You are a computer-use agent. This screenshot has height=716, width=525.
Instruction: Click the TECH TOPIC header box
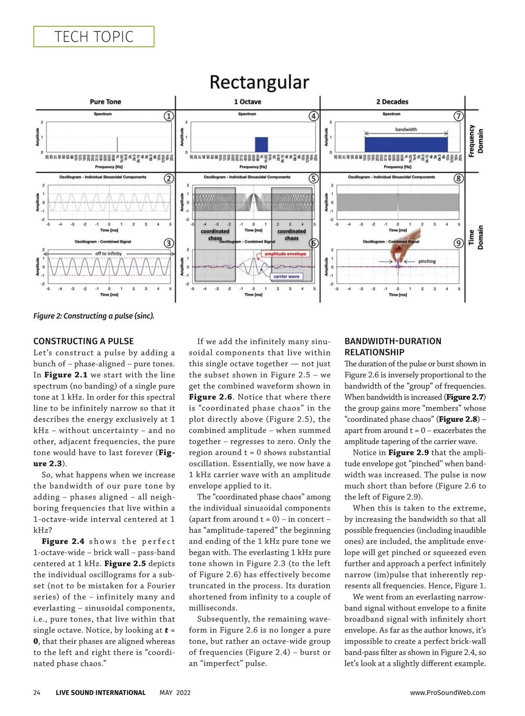point(94,37)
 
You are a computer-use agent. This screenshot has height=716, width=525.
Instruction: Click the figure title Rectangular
point(259,82)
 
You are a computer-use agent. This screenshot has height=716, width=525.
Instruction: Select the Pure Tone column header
point(105,102)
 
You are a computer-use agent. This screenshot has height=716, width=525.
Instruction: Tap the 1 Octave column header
point(247,102)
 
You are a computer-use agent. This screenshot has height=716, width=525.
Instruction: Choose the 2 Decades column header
point(392,102)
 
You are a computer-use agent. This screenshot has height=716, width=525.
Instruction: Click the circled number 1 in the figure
point(169,116)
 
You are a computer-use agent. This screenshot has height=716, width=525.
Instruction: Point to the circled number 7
point(458,116)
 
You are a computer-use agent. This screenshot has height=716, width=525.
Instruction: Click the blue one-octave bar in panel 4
point(261,144)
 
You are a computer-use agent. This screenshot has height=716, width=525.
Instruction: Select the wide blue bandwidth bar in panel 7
point(406,144)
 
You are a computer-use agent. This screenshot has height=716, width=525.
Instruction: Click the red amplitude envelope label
point(285,254)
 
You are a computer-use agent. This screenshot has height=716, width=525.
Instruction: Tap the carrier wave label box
point(286,276)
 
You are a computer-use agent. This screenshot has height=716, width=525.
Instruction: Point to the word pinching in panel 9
point(427,261)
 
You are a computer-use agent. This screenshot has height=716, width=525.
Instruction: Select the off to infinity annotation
point(108,254)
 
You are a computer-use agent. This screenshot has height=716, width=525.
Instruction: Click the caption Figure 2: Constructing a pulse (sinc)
point(94,316)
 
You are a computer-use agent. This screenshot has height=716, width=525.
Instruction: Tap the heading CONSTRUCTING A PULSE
point(84,341)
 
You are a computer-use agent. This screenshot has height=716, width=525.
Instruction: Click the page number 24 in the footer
point(37,693)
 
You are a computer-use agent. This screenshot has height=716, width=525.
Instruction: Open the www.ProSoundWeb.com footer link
point(448,693)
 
